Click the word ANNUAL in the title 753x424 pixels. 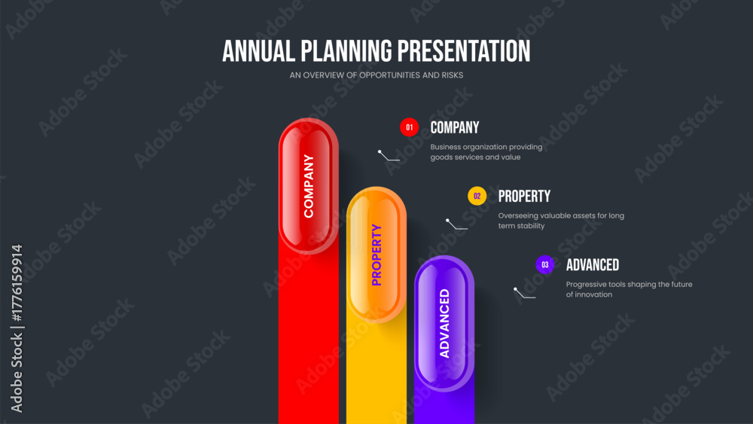coord(258,51)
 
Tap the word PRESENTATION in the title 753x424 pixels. coord(464,51)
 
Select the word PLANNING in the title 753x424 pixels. coord(346,51)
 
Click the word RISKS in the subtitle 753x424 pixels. coord(453,75)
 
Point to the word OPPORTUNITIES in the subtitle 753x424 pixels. coord(389,75)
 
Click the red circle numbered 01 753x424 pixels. coord(409,127)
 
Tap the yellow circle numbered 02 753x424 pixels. coord(477,196)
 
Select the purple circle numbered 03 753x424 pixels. coord(545,264)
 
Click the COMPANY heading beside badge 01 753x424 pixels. coord(454,127)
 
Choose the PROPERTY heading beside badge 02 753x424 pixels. coord(524,196)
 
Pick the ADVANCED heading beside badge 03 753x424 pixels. coord(592,264)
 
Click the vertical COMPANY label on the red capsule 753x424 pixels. coord(308,186)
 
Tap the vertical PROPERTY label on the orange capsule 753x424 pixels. coord(376,255)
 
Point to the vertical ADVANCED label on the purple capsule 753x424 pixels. coord(445,323)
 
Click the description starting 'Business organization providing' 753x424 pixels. coord(486,151)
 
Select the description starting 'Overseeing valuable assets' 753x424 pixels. coord(561,221)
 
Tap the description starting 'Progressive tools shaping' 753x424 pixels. coord(629,289)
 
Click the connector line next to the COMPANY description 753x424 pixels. coord(388,157)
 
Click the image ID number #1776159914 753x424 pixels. coord(17,283)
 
